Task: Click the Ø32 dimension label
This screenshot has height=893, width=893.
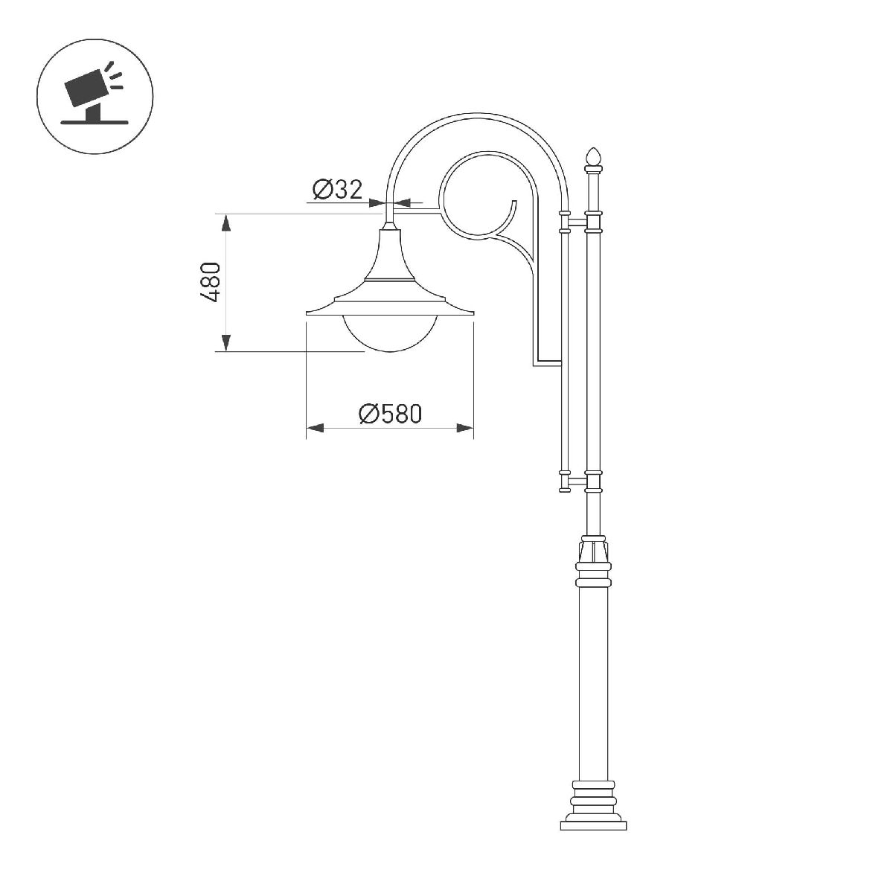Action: click(337, 190)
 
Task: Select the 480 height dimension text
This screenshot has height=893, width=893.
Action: click(211, 282)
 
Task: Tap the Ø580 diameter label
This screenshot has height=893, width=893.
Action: click(390, 413)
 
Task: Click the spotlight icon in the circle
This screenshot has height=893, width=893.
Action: click(95, 97)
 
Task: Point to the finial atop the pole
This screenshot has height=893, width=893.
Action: click(593, 156)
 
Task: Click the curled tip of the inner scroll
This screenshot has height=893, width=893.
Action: click(512, 202)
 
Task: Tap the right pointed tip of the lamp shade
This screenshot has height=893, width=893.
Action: click(473, 313)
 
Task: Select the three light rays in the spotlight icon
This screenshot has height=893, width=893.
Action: click(115, 75)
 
